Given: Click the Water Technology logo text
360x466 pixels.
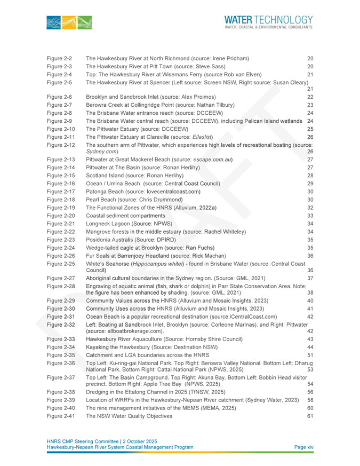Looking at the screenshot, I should pos(268,22).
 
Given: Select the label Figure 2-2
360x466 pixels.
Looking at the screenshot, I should pos(59,58).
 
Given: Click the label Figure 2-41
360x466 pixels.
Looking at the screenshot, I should pos(61,416).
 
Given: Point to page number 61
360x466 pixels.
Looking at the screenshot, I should pos(310,416).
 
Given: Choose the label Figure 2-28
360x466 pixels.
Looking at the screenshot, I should pos(61,287).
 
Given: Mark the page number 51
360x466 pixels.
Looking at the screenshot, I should pos(310,354).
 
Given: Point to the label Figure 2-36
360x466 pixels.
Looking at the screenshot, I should pos(61,363).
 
